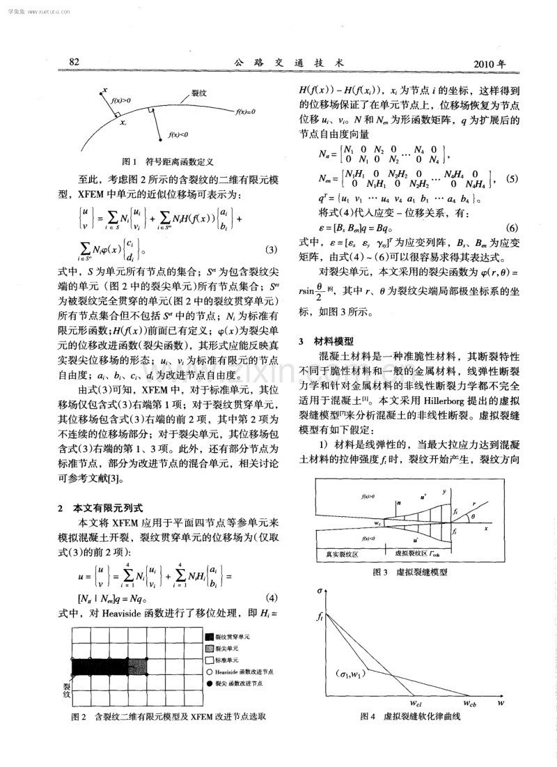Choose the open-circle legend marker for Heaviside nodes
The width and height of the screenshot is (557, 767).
click(x=210, y=672)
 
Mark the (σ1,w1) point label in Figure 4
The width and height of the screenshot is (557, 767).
click(x=350, y=674)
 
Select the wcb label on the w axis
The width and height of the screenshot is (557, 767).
click(x=470, y=702)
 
